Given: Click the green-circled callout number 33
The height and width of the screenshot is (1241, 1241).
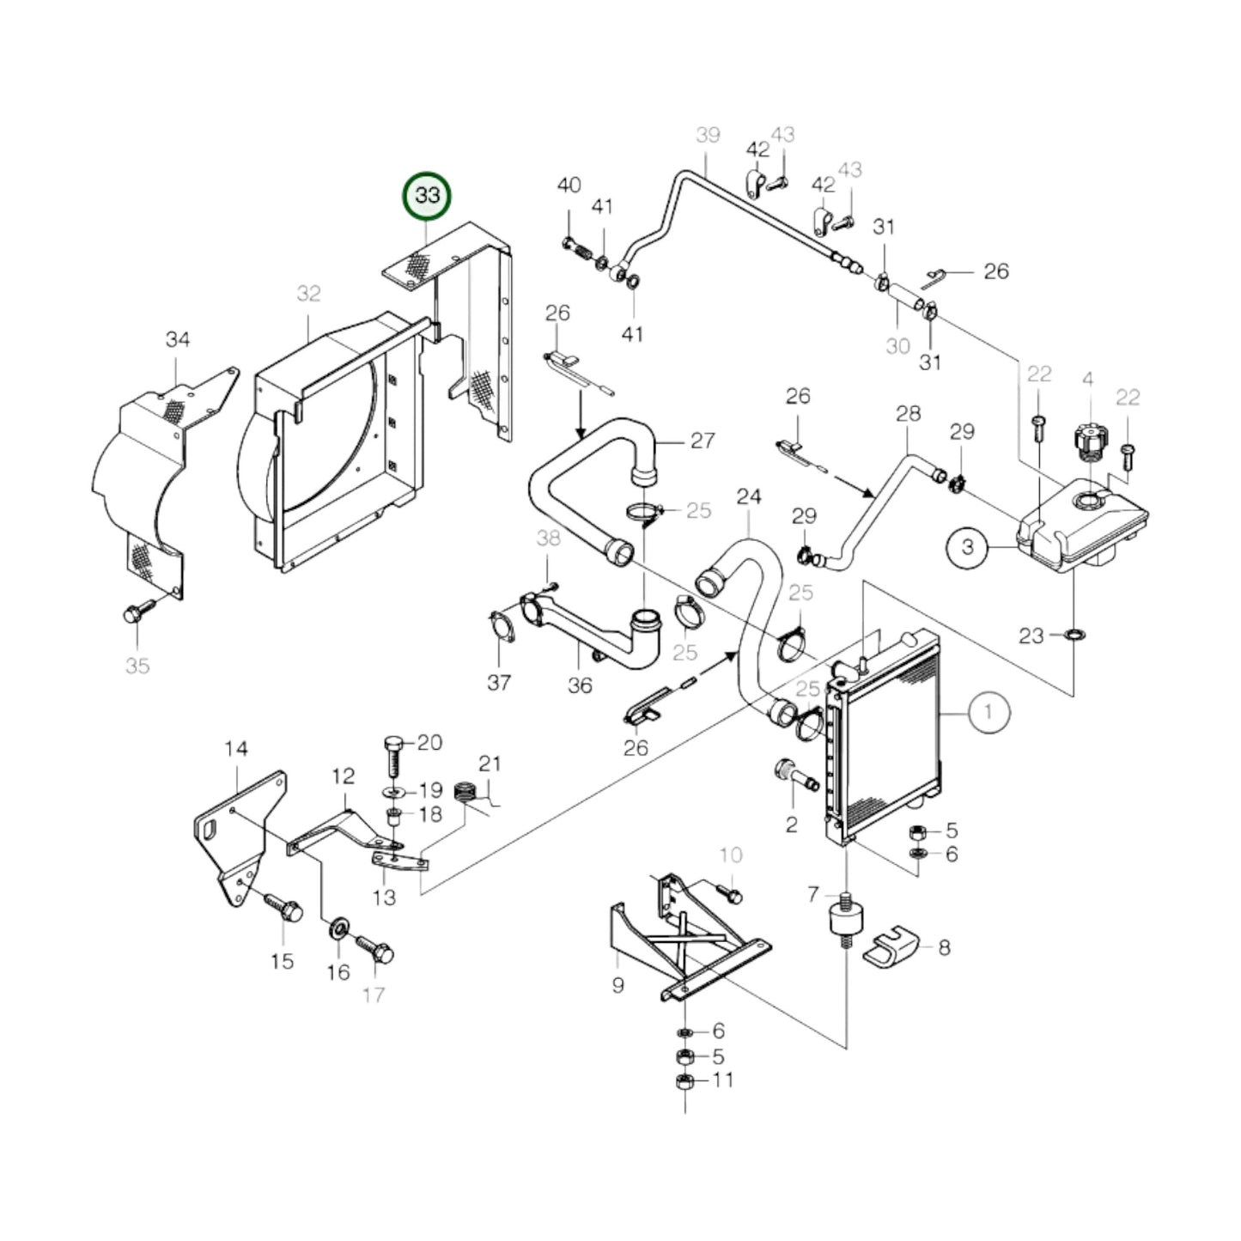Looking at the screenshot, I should pos(427,196).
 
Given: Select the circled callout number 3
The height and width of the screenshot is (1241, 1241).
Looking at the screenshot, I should pos(968,546).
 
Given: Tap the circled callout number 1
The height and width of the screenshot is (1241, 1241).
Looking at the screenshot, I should pos(989,712).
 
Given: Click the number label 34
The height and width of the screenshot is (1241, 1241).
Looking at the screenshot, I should pos(177,340).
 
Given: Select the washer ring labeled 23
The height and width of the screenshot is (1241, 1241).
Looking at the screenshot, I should pos(1073,636).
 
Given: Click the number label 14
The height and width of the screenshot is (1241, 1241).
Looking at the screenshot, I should pos(235,749).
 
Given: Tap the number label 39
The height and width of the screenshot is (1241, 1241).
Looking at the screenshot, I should pos(708,136).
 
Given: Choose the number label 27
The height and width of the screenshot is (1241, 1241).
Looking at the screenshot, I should pos(703,441).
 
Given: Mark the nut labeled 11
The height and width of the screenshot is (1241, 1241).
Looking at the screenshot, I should pos(684,1080).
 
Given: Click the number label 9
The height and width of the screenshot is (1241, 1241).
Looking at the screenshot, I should pos(617,985).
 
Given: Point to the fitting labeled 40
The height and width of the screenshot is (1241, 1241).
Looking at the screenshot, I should pos(577,248).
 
